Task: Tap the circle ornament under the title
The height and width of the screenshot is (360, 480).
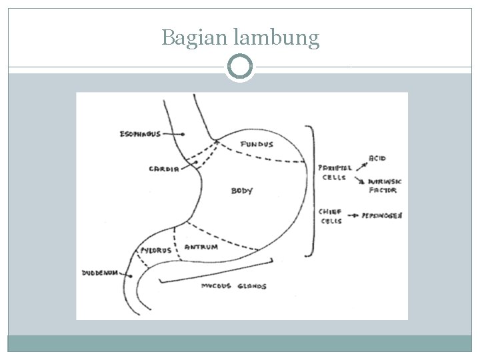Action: point(240,67)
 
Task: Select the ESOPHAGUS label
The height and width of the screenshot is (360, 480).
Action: point(139,134)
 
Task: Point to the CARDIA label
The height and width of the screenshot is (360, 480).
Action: point(163,169)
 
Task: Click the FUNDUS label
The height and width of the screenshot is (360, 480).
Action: point(257,144)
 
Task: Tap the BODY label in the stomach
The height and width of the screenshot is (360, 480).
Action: point(242,191)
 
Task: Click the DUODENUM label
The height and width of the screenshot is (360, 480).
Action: point(100,272)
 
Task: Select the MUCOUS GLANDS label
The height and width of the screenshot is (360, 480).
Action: point(233,286)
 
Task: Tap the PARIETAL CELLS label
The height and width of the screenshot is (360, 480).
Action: point(335,173)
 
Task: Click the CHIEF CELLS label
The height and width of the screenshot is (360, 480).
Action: point(331,216)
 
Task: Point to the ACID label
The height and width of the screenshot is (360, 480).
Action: point(378,159)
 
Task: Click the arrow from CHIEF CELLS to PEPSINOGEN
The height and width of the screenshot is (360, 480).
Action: point(353,216)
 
